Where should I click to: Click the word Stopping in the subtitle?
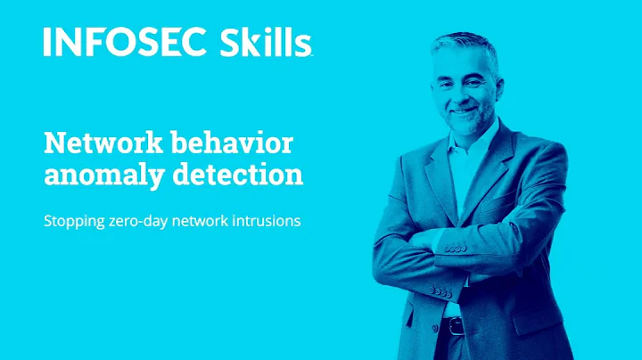(x=73, y=220)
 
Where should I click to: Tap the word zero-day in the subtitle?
(x=142, y=220)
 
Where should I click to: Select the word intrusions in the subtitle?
(x=267, y=220)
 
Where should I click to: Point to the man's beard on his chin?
(x=465, y=125)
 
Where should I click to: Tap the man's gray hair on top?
(x=468, y=43)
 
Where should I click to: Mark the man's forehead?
(x=464, y=62)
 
